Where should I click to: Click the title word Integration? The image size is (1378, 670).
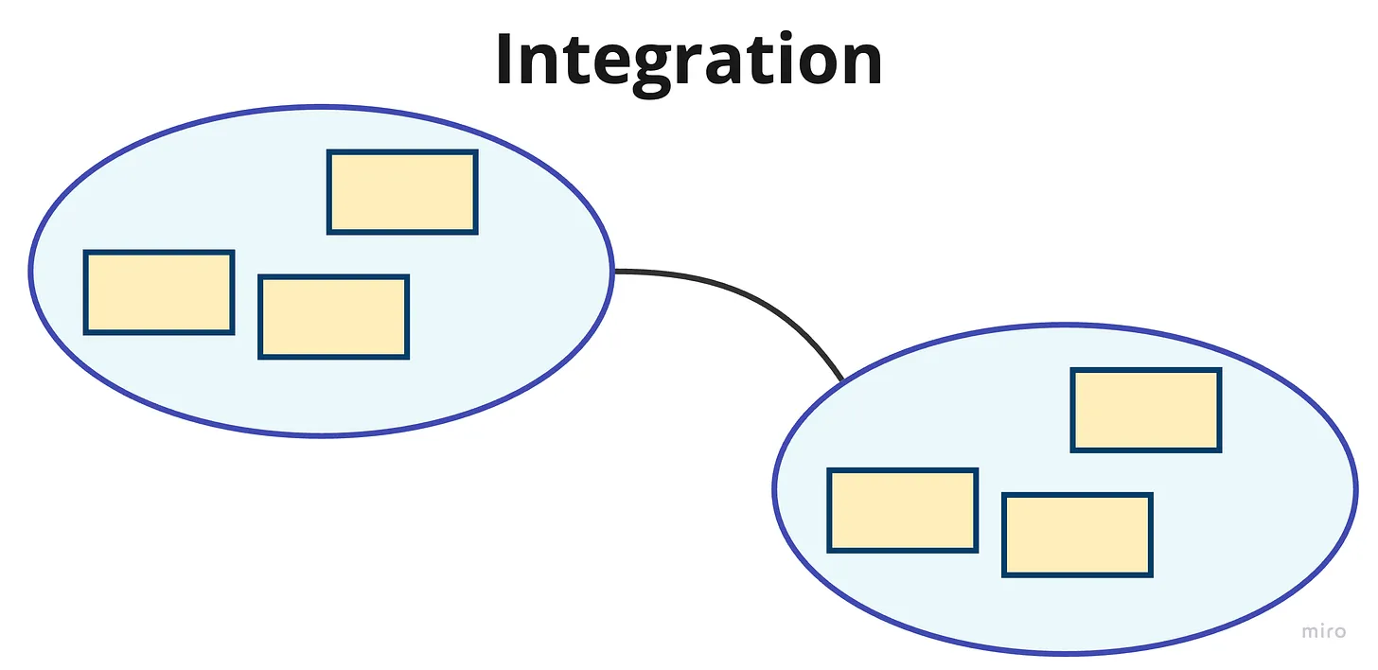pos(689,62)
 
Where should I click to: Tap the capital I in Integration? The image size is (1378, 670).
pos(505,59)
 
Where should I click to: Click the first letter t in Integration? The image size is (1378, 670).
pos(574,61)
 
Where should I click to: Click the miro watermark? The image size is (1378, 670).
pos(1323,631)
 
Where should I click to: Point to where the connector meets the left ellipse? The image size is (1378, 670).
pos(614,271)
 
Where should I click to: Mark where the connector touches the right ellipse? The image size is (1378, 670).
pos(842,380)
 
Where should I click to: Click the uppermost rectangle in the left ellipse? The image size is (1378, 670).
pos(402,192)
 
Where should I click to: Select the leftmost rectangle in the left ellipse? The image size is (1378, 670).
pos(159,292)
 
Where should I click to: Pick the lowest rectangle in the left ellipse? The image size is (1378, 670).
pos(333,317)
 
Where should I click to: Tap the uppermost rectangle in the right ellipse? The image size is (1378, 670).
pos(1146,411)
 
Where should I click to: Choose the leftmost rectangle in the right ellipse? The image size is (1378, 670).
pos(903,511)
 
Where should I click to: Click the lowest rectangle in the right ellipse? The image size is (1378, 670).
pos(1077,535)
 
